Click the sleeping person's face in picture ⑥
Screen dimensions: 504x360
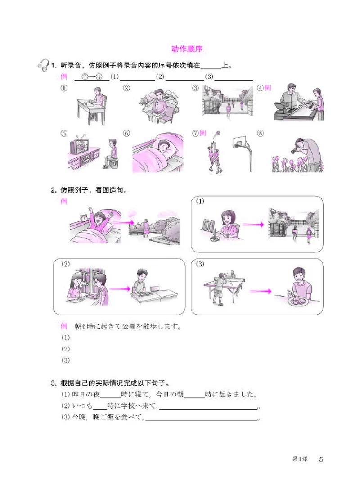162,147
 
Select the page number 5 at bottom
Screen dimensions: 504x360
321,459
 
